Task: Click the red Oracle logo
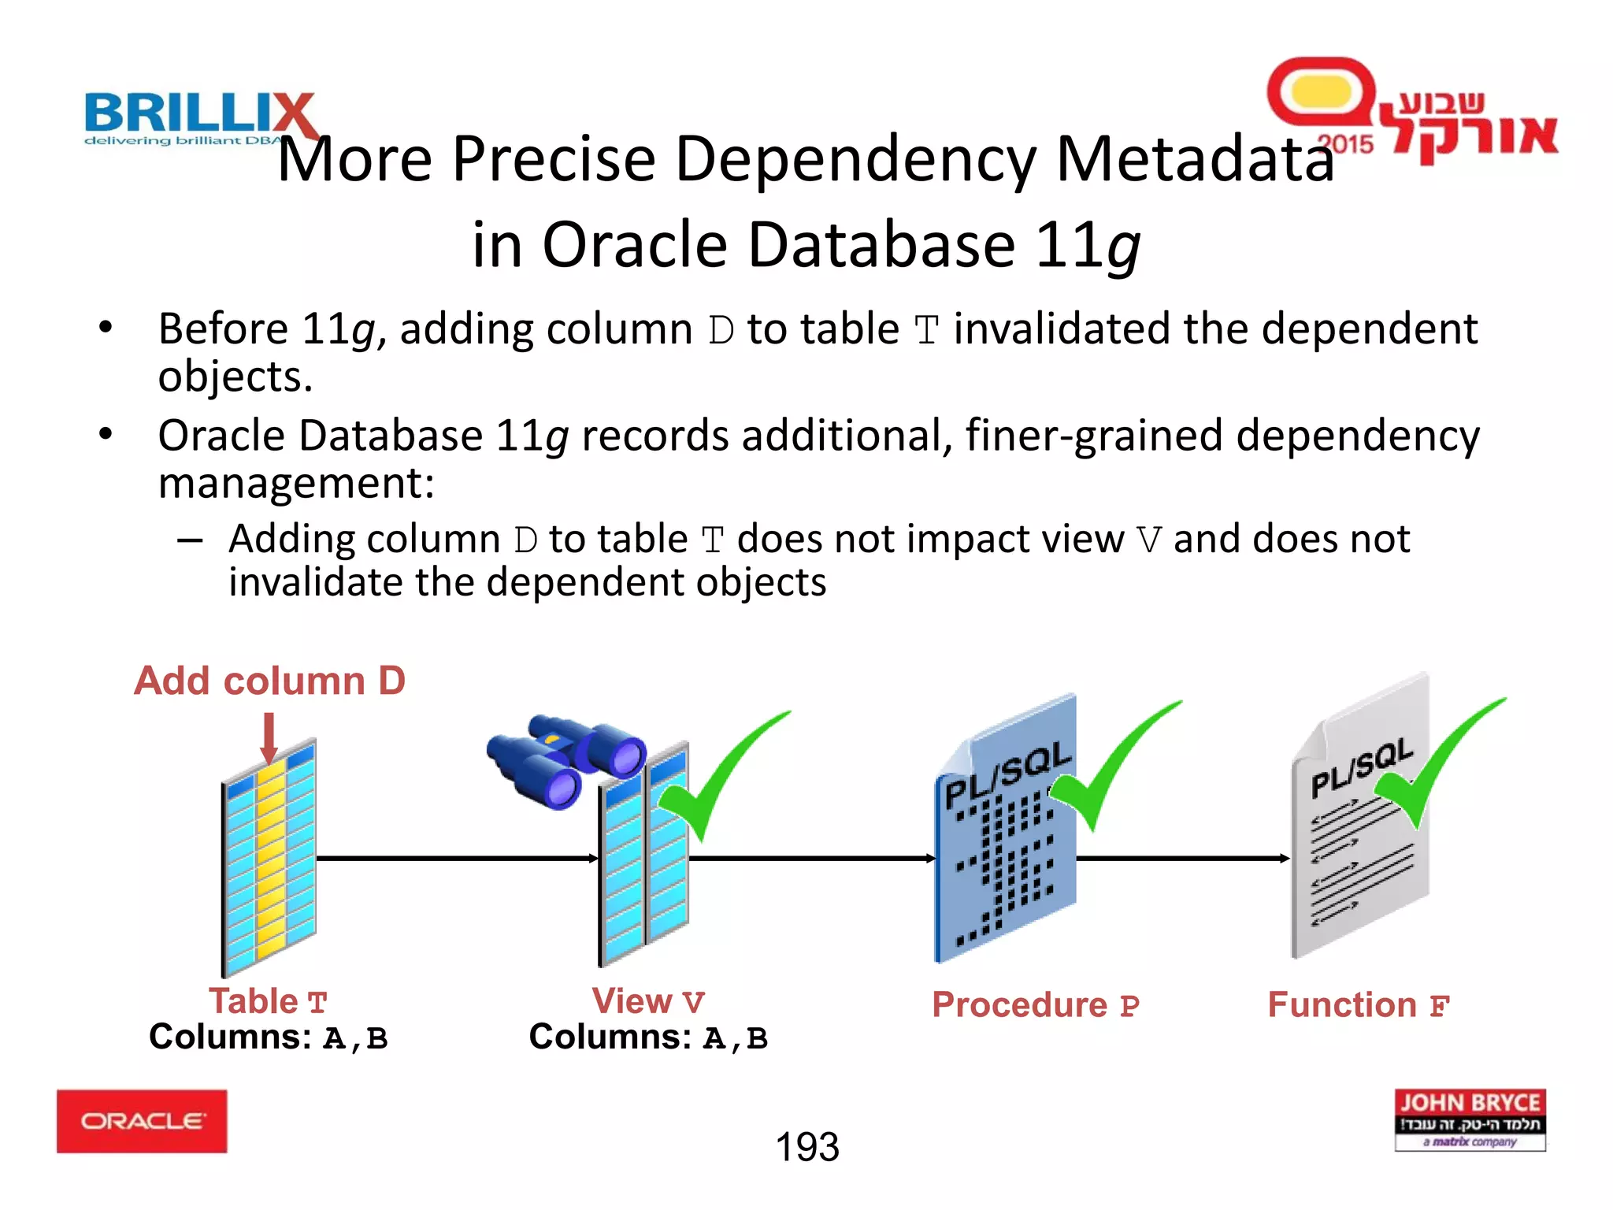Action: (142, 1121)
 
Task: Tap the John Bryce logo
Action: (1470, 1119)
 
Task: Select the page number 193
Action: (807, 1147)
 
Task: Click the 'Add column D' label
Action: (269, 681)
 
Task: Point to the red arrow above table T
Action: (269, 737)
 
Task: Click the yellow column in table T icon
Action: (270, 859)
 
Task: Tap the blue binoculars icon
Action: (565, 758)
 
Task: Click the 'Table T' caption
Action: (268, 1002)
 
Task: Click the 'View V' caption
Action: (647, 1002)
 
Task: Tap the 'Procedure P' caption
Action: (1035, 1005)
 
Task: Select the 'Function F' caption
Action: (1358, 1005)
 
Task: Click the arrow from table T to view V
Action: (457, 858)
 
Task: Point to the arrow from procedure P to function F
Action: (1181, 858)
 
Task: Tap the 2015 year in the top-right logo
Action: (1345, 143)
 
